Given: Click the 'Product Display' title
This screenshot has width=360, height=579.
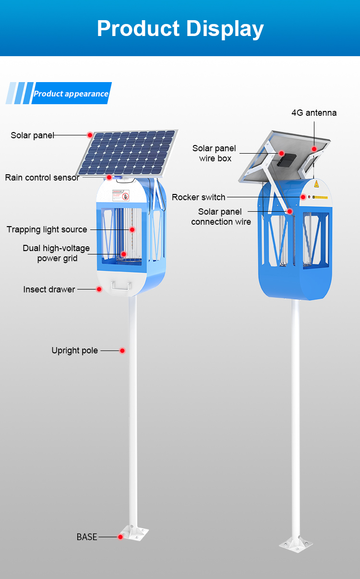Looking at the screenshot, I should (x=180, y=28).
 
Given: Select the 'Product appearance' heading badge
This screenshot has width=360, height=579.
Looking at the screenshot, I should (x=71, y=94).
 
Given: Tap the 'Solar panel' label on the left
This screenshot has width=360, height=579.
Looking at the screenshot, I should (x=33, y=135).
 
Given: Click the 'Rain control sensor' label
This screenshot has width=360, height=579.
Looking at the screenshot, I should (x=42, y=178).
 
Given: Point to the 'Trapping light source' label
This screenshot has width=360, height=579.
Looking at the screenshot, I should (x=47, y=229).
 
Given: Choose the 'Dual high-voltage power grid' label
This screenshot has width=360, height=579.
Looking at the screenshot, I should (x=56, y=253).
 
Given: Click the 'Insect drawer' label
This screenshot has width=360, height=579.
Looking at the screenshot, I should (x=49, y=289).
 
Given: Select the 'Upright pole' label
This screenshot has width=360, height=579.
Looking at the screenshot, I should (x=74, y=350).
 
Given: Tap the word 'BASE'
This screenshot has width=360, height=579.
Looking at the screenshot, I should (x=87, y=537).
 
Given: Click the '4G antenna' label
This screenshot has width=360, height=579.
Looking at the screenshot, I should (x=314, y=113).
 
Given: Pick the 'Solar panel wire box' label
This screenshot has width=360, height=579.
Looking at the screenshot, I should (x=215, y=153).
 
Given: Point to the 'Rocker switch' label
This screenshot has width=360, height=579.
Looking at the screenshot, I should (x=198, y=197).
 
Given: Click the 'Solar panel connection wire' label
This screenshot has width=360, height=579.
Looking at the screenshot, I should (x=221, y=217).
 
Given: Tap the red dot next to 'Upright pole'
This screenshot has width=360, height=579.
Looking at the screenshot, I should (x=122, y=350).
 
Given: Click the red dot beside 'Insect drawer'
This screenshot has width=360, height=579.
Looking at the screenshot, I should (x=99, y=289).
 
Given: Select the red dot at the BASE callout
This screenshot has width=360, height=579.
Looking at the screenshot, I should (x=120, y=537).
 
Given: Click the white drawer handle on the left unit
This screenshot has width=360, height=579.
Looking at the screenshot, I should (x=120, y=286).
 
